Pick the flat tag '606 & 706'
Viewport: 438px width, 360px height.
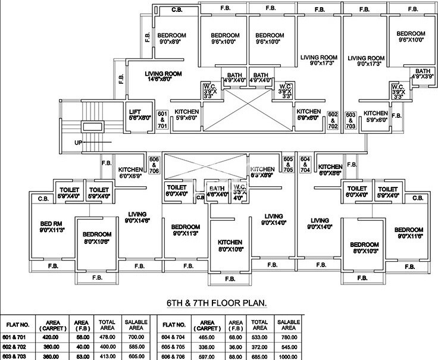point(154,165)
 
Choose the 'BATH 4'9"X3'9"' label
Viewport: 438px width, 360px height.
point(423,74)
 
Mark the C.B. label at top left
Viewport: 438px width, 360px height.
point(177,10)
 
